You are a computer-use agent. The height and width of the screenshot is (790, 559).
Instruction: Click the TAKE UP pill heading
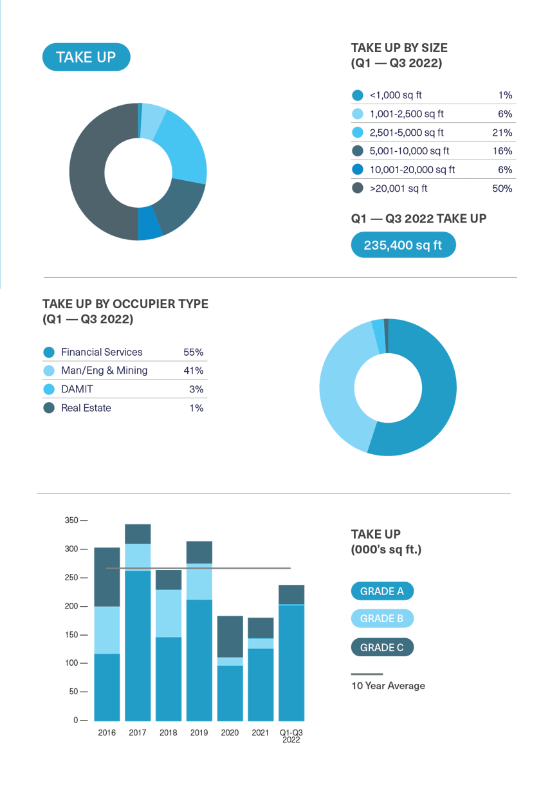tap(86, 57)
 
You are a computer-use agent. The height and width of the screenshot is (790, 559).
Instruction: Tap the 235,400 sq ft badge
tap(403, 245)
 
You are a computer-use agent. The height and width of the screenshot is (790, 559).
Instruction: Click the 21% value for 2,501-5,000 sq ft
tap(504, 133)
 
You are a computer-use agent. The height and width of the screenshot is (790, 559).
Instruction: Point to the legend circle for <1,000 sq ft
tap(358, 95)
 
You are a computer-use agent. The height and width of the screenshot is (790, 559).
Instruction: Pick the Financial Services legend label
tap(102, 352)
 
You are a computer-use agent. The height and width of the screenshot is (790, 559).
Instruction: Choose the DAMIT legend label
tap(77, 389)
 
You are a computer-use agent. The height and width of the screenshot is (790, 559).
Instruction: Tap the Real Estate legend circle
tap(49, 408)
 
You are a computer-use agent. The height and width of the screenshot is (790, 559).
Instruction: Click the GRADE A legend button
tap(382, 591)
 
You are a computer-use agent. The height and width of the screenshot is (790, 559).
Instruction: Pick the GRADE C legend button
tap(382, 648)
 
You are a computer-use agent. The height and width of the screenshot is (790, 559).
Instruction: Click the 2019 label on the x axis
tap(199, 733)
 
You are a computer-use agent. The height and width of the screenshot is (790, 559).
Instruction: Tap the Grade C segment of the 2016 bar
tap(107, 576)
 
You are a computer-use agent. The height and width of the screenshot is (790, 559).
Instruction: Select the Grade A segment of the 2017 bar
tap(138, 643)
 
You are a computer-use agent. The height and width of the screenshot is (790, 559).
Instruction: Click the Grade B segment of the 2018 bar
tap(169, 613)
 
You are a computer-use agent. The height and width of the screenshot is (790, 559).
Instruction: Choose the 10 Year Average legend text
tap(388, 686)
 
